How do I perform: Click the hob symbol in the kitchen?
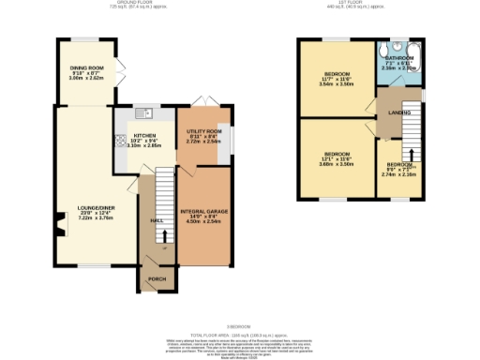point(121,141)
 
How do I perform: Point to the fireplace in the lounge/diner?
point(58,226)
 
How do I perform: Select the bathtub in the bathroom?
point(416,58)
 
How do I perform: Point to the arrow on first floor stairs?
point(409,153)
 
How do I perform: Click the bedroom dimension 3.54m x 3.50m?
point(337,84)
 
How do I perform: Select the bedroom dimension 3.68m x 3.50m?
point(337,164)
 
